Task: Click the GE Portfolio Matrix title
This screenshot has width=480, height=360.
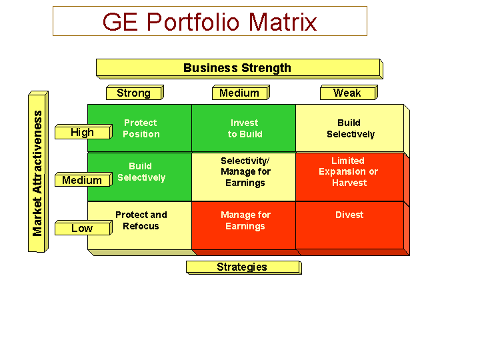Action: tap(210, 21)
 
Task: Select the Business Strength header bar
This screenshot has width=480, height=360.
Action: tap(239, 69)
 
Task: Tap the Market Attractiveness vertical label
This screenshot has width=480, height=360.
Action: tap(38, 172)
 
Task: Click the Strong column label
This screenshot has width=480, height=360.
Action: tap(135, 93)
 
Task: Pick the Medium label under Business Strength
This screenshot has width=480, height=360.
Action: tap(241, 93)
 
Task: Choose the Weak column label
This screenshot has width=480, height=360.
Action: tap(349, 93)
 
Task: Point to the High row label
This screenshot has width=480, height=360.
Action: tap(83, 132)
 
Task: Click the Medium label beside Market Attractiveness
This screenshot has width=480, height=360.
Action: tap(83, 180)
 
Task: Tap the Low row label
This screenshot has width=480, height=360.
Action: tap(83, 228)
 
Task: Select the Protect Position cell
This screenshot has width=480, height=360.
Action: tap(139, 128)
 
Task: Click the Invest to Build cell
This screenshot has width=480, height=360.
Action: tap(244, 128)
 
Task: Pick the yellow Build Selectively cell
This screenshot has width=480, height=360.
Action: tap(349, 128)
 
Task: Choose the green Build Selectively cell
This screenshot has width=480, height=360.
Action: tap(139, 177)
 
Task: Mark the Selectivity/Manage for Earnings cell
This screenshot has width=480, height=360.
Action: tap(244, 177)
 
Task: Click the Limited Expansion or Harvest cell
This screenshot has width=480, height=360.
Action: tap(349, 177)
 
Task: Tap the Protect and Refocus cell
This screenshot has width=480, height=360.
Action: tap(139, 225)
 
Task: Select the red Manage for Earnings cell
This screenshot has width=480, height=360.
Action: tap(244, 225)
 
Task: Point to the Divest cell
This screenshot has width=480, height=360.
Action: tap(349, 225)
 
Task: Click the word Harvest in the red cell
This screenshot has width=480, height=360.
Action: tap(349, 183)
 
